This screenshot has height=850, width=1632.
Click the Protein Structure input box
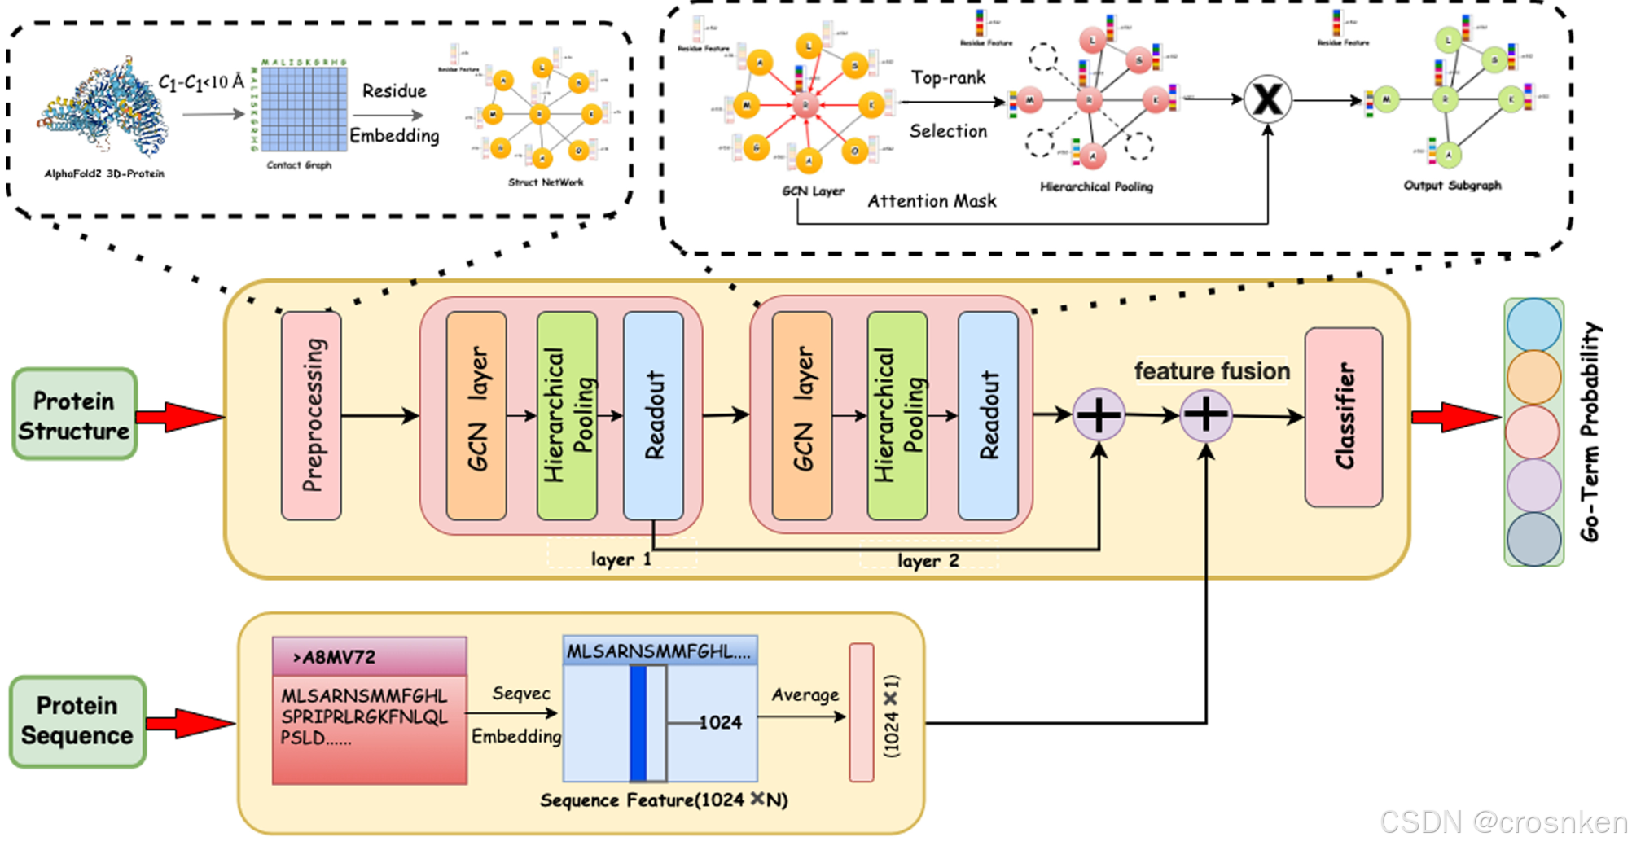(x=74, y=414)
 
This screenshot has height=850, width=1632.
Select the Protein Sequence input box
(x=77, y=721)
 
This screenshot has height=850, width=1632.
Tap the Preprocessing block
(x=311, y=415)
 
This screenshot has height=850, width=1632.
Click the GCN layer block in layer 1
(x=476, y=415)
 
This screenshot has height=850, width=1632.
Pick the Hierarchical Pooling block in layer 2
(x=897, y=415)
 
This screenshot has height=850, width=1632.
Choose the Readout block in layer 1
(x=653, y=415)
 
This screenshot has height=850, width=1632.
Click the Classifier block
(x=1343, y=417)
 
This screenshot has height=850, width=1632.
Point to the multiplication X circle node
(x=1267, y=100)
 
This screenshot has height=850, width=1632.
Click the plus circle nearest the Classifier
(x=1205, y=415)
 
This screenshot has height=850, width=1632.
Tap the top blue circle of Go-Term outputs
(x=1533, y=324)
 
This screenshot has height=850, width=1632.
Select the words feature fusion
(x=1212, y=371)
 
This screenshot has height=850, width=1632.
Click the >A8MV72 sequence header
(x=369, y=656)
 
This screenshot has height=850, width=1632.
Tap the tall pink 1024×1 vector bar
(x=861, y=712)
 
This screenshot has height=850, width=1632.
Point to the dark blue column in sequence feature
(x=638, y=723)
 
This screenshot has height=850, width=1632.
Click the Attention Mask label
(x=932, y=201)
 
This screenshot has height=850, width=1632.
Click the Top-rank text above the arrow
(x=948, y=77)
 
